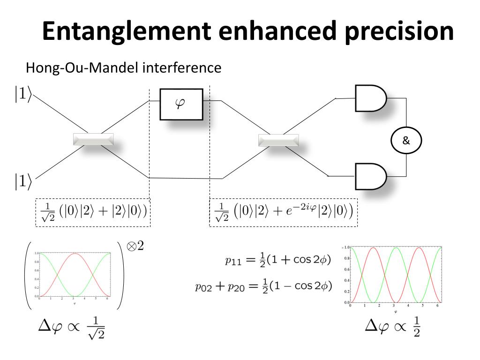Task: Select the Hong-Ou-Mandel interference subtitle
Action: tap(123, 67)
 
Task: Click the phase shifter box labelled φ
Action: tap(181, 104)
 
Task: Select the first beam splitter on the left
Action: tap(93, 139)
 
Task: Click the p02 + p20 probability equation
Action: tap(264, 285)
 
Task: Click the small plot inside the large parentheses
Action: tap(75, 276)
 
